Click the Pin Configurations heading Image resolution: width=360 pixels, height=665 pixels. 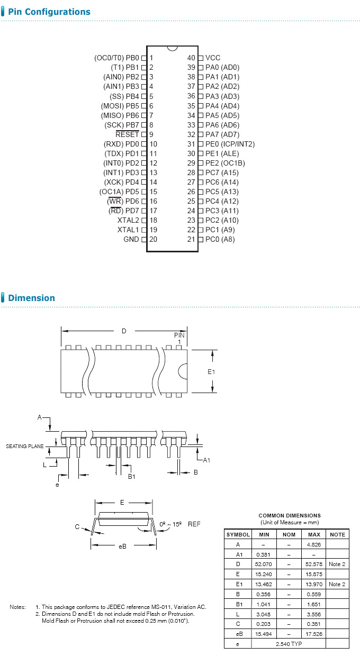tap(49, 12)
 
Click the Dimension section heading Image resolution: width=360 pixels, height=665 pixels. tap(31, 298)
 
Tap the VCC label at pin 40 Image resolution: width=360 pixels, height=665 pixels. tap(213, 58)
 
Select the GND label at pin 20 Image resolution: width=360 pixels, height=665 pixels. tap(131, 239)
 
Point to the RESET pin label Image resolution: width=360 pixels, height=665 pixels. tap(127, 134)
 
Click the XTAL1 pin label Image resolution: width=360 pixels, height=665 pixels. tap(128, 230)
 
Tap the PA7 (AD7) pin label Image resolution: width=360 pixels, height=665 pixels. tap(222, 134)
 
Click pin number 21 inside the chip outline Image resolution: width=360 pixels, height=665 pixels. tap(191, 239)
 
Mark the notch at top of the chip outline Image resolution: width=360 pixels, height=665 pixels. tap(172, 48)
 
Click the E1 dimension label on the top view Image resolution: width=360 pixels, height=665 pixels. tap(211, 372)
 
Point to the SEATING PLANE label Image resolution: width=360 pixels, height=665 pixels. tap(24, 447)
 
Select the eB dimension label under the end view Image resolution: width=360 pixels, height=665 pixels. tap(122, 546)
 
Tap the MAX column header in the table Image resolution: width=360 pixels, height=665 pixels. tap(313, 534)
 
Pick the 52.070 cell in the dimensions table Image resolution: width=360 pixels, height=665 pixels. tap(264, 564)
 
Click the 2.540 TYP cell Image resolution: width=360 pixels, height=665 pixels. tap(289, 643)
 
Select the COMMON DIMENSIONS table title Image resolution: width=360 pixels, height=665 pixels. tap(289, 515)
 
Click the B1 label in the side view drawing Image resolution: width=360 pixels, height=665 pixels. tap(132, 476)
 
